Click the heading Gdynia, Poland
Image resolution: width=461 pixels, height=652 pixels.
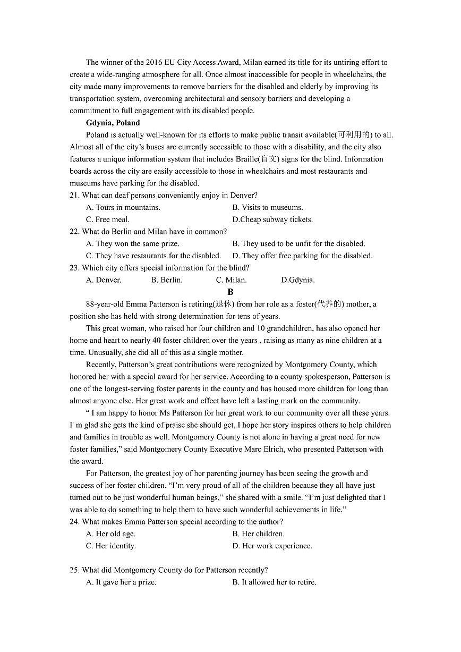click(x=113, y=123)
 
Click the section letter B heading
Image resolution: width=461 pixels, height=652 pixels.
click(x=230, y=292)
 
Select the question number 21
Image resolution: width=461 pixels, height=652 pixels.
click(x=74, y=196)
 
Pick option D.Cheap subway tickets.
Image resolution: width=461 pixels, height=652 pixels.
click(x=272, y=219)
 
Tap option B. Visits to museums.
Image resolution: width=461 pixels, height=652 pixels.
click(x=267, y=208)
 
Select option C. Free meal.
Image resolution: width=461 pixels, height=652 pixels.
click(x=108, y=219)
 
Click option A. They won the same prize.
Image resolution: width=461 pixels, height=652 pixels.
click(x=133, y=244)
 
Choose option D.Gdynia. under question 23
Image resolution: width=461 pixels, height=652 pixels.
click(x=297, y=280)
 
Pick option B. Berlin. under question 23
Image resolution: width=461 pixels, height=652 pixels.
click(x=167, y=280)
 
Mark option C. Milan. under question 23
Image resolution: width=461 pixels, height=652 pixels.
click(x=231, y=280)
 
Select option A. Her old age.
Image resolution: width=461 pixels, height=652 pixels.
click(x=110, y=534)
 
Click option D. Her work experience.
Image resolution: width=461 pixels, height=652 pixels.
click(x=272, y=546)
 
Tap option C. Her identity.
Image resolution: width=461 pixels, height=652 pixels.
click(x=110, y=546)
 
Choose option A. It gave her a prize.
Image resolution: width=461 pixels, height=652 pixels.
click(x=121, y=582)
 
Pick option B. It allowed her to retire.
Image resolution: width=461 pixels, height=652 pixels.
click(x=274, y=582)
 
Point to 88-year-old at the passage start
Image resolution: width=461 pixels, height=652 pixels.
click(x=105, y=304)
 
